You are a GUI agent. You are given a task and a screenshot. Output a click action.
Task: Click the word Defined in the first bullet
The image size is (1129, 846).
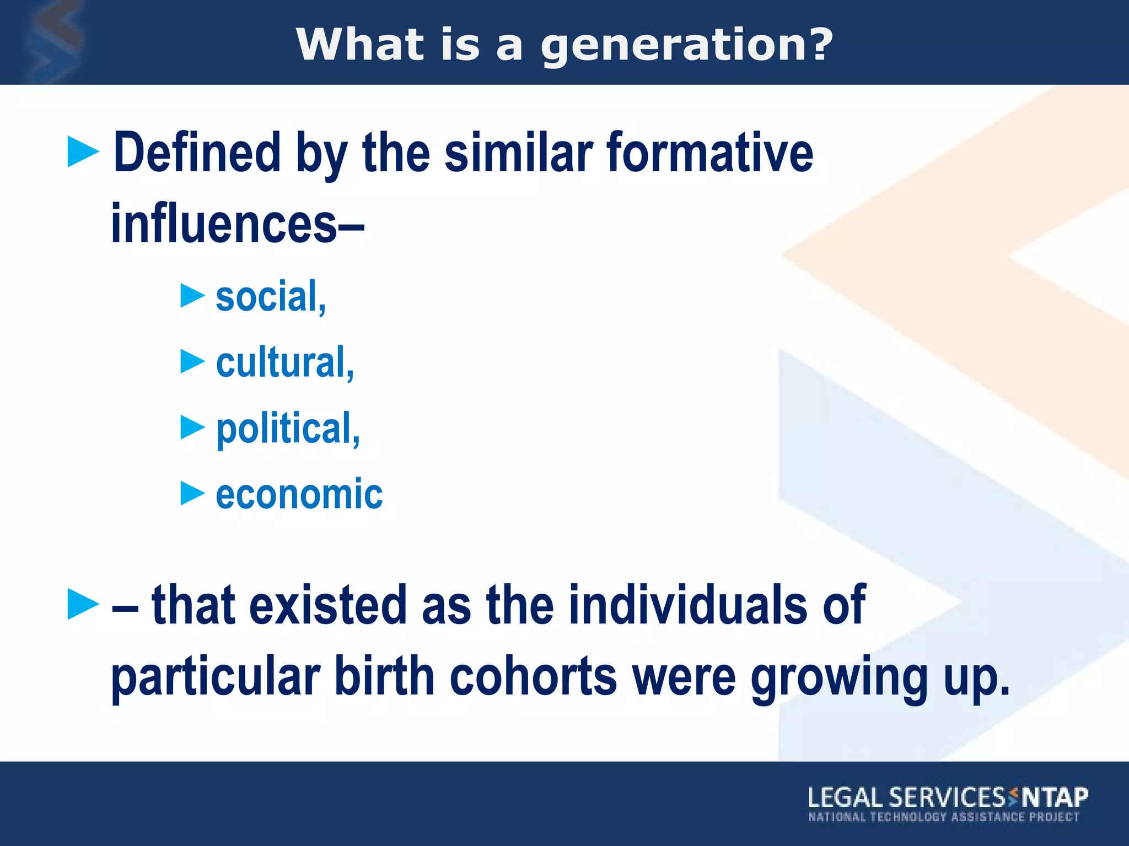tap(197, 153)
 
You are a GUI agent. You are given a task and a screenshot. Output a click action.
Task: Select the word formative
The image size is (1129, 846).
tap(709, 153)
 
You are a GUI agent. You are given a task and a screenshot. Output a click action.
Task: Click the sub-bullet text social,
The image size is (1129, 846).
tap(271, 297)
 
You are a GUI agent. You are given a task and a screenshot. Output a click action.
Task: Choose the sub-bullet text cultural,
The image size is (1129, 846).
tap(284, 362)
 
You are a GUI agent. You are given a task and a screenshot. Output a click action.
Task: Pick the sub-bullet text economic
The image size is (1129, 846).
tap(299, 494)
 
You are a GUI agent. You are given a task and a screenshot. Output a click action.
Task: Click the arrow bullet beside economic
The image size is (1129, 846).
tap(192, 493)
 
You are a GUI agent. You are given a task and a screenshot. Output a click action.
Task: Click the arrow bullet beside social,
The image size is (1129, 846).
tap(192, 296)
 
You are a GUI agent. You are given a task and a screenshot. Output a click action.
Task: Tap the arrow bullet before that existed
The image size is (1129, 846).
tap(83, 604)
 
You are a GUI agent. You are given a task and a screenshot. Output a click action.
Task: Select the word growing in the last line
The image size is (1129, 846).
tap(839, 677)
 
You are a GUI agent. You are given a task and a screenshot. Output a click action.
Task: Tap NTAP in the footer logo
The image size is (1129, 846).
tap(1055, 797)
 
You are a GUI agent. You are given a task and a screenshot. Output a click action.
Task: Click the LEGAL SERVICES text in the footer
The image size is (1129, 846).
tap(906, 798)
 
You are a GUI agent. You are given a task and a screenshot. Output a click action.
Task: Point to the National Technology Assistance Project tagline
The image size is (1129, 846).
tap(943, 817)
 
